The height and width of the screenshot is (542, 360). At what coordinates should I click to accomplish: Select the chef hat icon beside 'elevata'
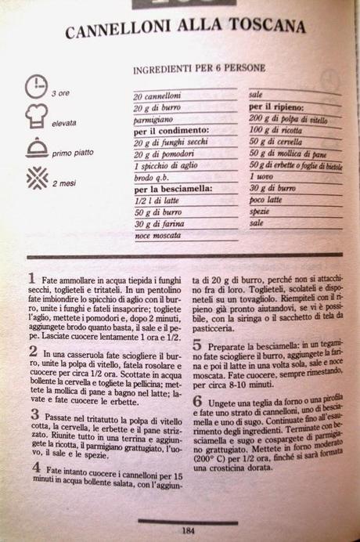point(36,116)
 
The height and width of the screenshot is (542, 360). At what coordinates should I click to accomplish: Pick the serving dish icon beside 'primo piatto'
point(36,147)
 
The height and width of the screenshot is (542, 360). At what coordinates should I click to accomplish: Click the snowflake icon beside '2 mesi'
point(36,178)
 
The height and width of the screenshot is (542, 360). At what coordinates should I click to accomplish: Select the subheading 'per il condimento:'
point(172,131)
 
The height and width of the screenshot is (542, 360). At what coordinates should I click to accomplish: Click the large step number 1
point(31,278)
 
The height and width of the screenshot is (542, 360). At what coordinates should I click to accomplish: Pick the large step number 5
point(197,345)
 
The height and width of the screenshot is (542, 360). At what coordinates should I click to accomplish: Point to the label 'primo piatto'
point(74,153)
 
